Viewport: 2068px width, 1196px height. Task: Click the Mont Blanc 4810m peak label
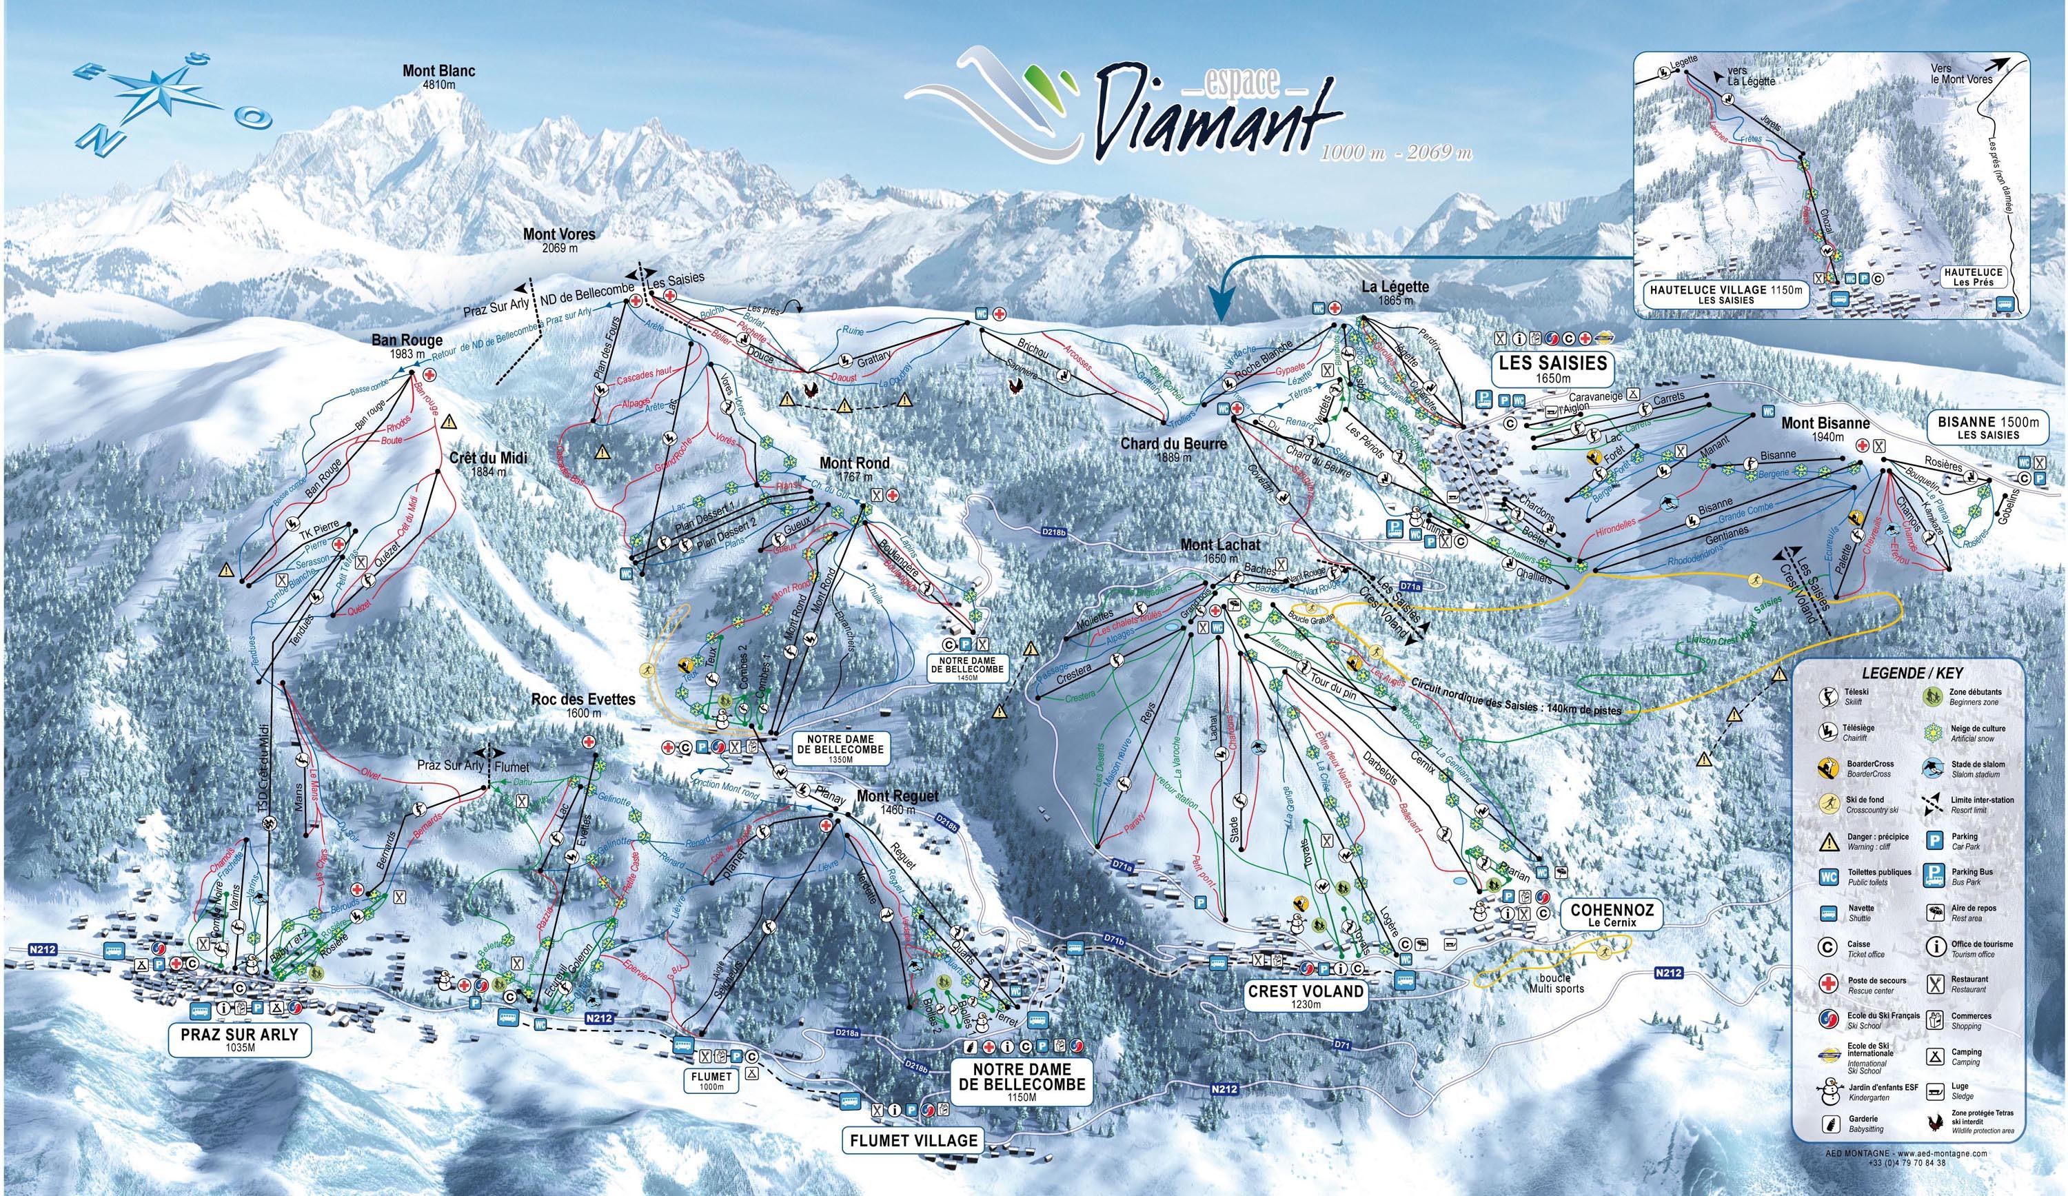tap(438, 77)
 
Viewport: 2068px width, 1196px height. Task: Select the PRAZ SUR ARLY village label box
tap(241, 1041)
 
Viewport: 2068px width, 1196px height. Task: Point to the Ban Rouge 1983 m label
tap(407, 345)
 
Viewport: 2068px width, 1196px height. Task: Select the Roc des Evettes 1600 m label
tap(582, 706)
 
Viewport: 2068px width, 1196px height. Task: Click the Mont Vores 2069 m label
tap(559, 240)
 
